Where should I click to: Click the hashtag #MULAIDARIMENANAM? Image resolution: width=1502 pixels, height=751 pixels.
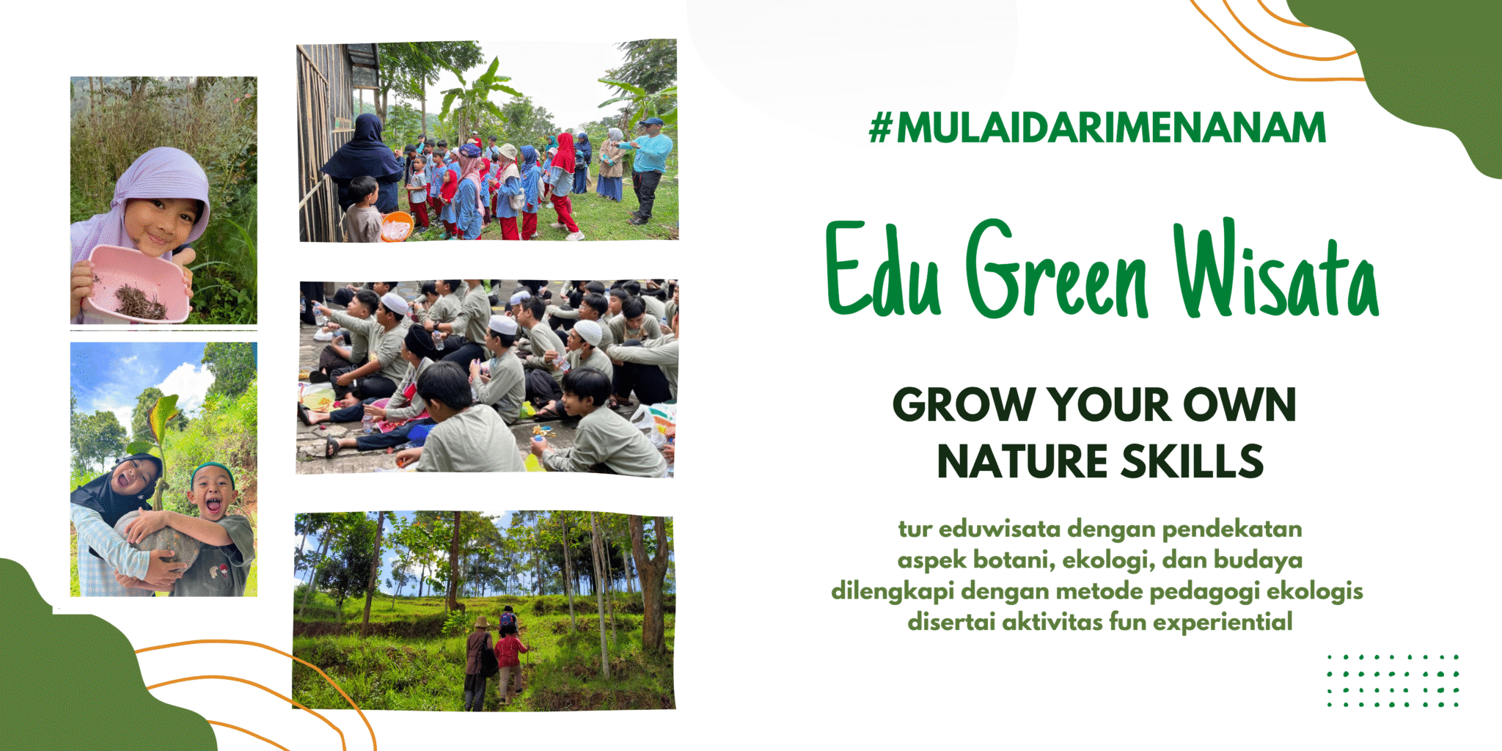coord(1097,128)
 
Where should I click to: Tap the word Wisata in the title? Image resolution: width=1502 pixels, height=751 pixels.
coord(1276,271)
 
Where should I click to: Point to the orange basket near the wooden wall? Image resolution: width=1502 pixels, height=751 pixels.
coord(397,226)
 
